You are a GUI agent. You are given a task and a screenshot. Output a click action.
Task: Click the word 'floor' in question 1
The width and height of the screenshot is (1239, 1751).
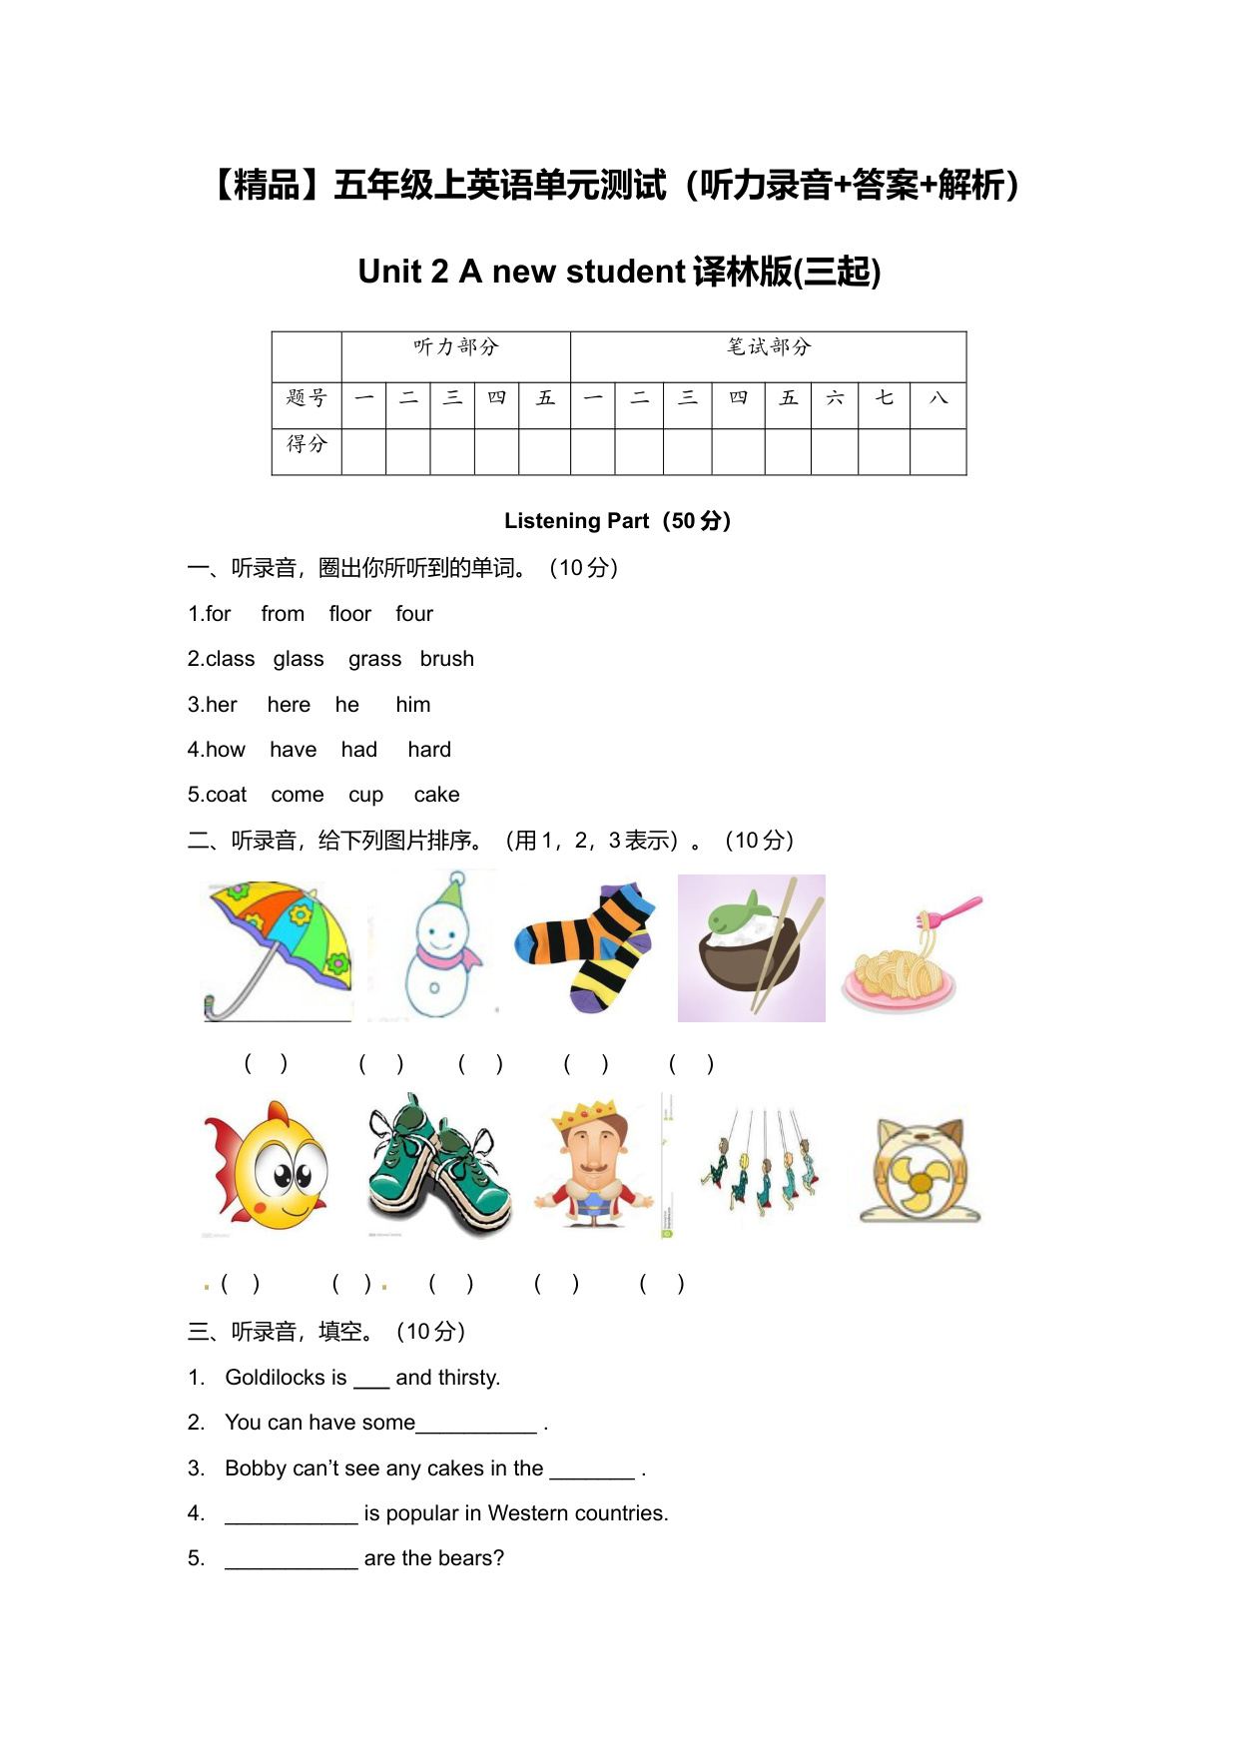click(x=349, y=614)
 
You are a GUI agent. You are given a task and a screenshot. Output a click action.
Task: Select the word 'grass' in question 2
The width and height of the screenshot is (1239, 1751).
click(x=374, y=659)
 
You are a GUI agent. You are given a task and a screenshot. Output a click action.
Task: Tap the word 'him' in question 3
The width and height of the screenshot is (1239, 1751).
click(x=412, y=705)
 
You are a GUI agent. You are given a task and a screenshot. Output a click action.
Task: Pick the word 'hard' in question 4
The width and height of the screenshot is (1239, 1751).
click(x=429, y=750)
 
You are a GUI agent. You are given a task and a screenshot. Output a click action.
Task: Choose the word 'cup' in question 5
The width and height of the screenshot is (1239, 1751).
click(x=365, y=796)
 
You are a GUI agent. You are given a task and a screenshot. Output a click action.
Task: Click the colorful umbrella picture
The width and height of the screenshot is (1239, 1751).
click(x=279, y=948)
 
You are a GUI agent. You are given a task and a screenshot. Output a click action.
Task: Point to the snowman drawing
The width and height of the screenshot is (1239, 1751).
click(x=440, y=948)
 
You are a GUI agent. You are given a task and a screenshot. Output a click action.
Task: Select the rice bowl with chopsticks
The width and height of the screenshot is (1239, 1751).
click(x=751, y=948)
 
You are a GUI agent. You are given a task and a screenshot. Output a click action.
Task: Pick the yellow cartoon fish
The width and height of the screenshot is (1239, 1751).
click(x=270, y=1168)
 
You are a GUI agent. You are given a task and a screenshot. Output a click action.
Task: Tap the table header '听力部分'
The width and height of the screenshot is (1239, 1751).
click(x=455, y=347)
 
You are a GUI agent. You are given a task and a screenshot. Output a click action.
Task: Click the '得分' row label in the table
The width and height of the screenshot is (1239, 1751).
click(x=307, y=444)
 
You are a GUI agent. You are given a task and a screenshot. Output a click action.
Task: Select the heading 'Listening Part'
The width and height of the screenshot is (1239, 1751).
click(x=576, y=521)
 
